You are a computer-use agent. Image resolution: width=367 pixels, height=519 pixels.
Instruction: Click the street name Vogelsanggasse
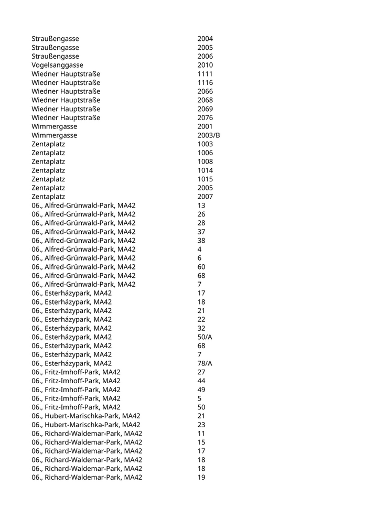tap(57, 65)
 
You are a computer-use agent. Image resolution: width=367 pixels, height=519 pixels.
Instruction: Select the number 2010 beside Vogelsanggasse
tap(205, 65)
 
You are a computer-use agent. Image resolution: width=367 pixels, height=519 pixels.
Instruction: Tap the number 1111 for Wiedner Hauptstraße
tap(205, 74)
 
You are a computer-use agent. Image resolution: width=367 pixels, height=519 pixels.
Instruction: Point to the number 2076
tap(205, 117)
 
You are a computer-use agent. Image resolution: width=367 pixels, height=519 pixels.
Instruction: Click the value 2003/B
tap(209, 135)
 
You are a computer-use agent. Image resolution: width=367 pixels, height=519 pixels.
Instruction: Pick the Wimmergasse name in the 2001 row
tap(54, 126)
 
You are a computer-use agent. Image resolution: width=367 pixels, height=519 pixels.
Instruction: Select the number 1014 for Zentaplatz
tap(205, 170)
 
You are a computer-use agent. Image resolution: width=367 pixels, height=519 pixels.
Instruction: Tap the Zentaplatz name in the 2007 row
tap(48, 197)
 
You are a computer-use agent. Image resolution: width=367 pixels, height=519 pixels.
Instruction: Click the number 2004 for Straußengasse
tap(205, 39)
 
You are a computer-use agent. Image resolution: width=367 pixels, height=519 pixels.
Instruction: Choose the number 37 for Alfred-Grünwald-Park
tap(201, 232)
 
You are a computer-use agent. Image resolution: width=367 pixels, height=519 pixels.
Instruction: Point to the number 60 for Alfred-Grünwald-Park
tap(201, 267)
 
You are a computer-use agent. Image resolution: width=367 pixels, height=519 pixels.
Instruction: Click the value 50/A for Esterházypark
tap(205, 337)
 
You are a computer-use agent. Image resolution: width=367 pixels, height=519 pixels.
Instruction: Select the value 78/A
tap(205, 363)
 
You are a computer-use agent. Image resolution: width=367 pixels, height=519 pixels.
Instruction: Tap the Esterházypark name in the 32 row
tap(71, 328)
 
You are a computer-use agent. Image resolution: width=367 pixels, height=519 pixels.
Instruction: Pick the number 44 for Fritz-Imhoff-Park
tap(201, 381)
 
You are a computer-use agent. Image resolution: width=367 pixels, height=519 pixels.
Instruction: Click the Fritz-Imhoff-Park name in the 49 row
tap(75, 390)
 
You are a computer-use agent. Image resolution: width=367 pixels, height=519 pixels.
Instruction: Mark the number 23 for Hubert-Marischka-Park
tap(201, 425)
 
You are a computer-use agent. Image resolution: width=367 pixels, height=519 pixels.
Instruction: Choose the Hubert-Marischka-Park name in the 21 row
tap(85, 416)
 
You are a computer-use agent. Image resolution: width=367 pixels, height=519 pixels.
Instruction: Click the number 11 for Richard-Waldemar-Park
tap(201, 434)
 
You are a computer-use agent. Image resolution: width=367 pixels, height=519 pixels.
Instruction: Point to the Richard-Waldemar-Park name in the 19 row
tap(87, 477)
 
